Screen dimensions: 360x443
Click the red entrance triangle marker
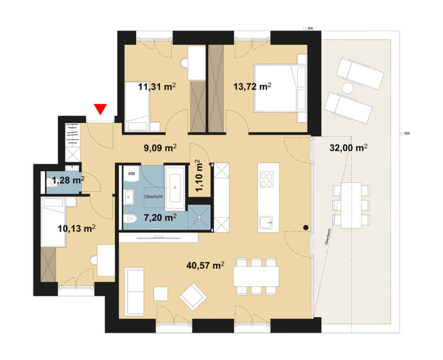(x=100, y=109)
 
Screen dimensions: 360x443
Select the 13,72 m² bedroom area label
(x=253, y=86)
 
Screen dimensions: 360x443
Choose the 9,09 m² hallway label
(x=160, y=148)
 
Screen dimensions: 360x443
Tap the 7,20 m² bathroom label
(x=160, y=217)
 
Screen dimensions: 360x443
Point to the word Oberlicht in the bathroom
(x=153, y=197)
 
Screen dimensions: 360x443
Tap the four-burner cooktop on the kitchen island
(x=267, y=180)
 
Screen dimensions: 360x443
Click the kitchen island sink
(x=267, y=222)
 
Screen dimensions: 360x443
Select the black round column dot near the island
(x=305, y=228)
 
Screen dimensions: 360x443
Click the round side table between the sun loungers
(x=348, y=88)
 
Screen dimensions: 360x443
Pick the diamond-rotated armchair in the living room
(x=193, y=296)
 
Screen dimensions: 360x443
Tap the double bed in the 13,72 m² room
(x=275, y=89)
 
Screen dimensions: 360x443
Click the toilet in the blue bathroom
(x=132, y=217)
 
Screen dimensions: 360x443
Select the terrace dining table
(x=350, y=205)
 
